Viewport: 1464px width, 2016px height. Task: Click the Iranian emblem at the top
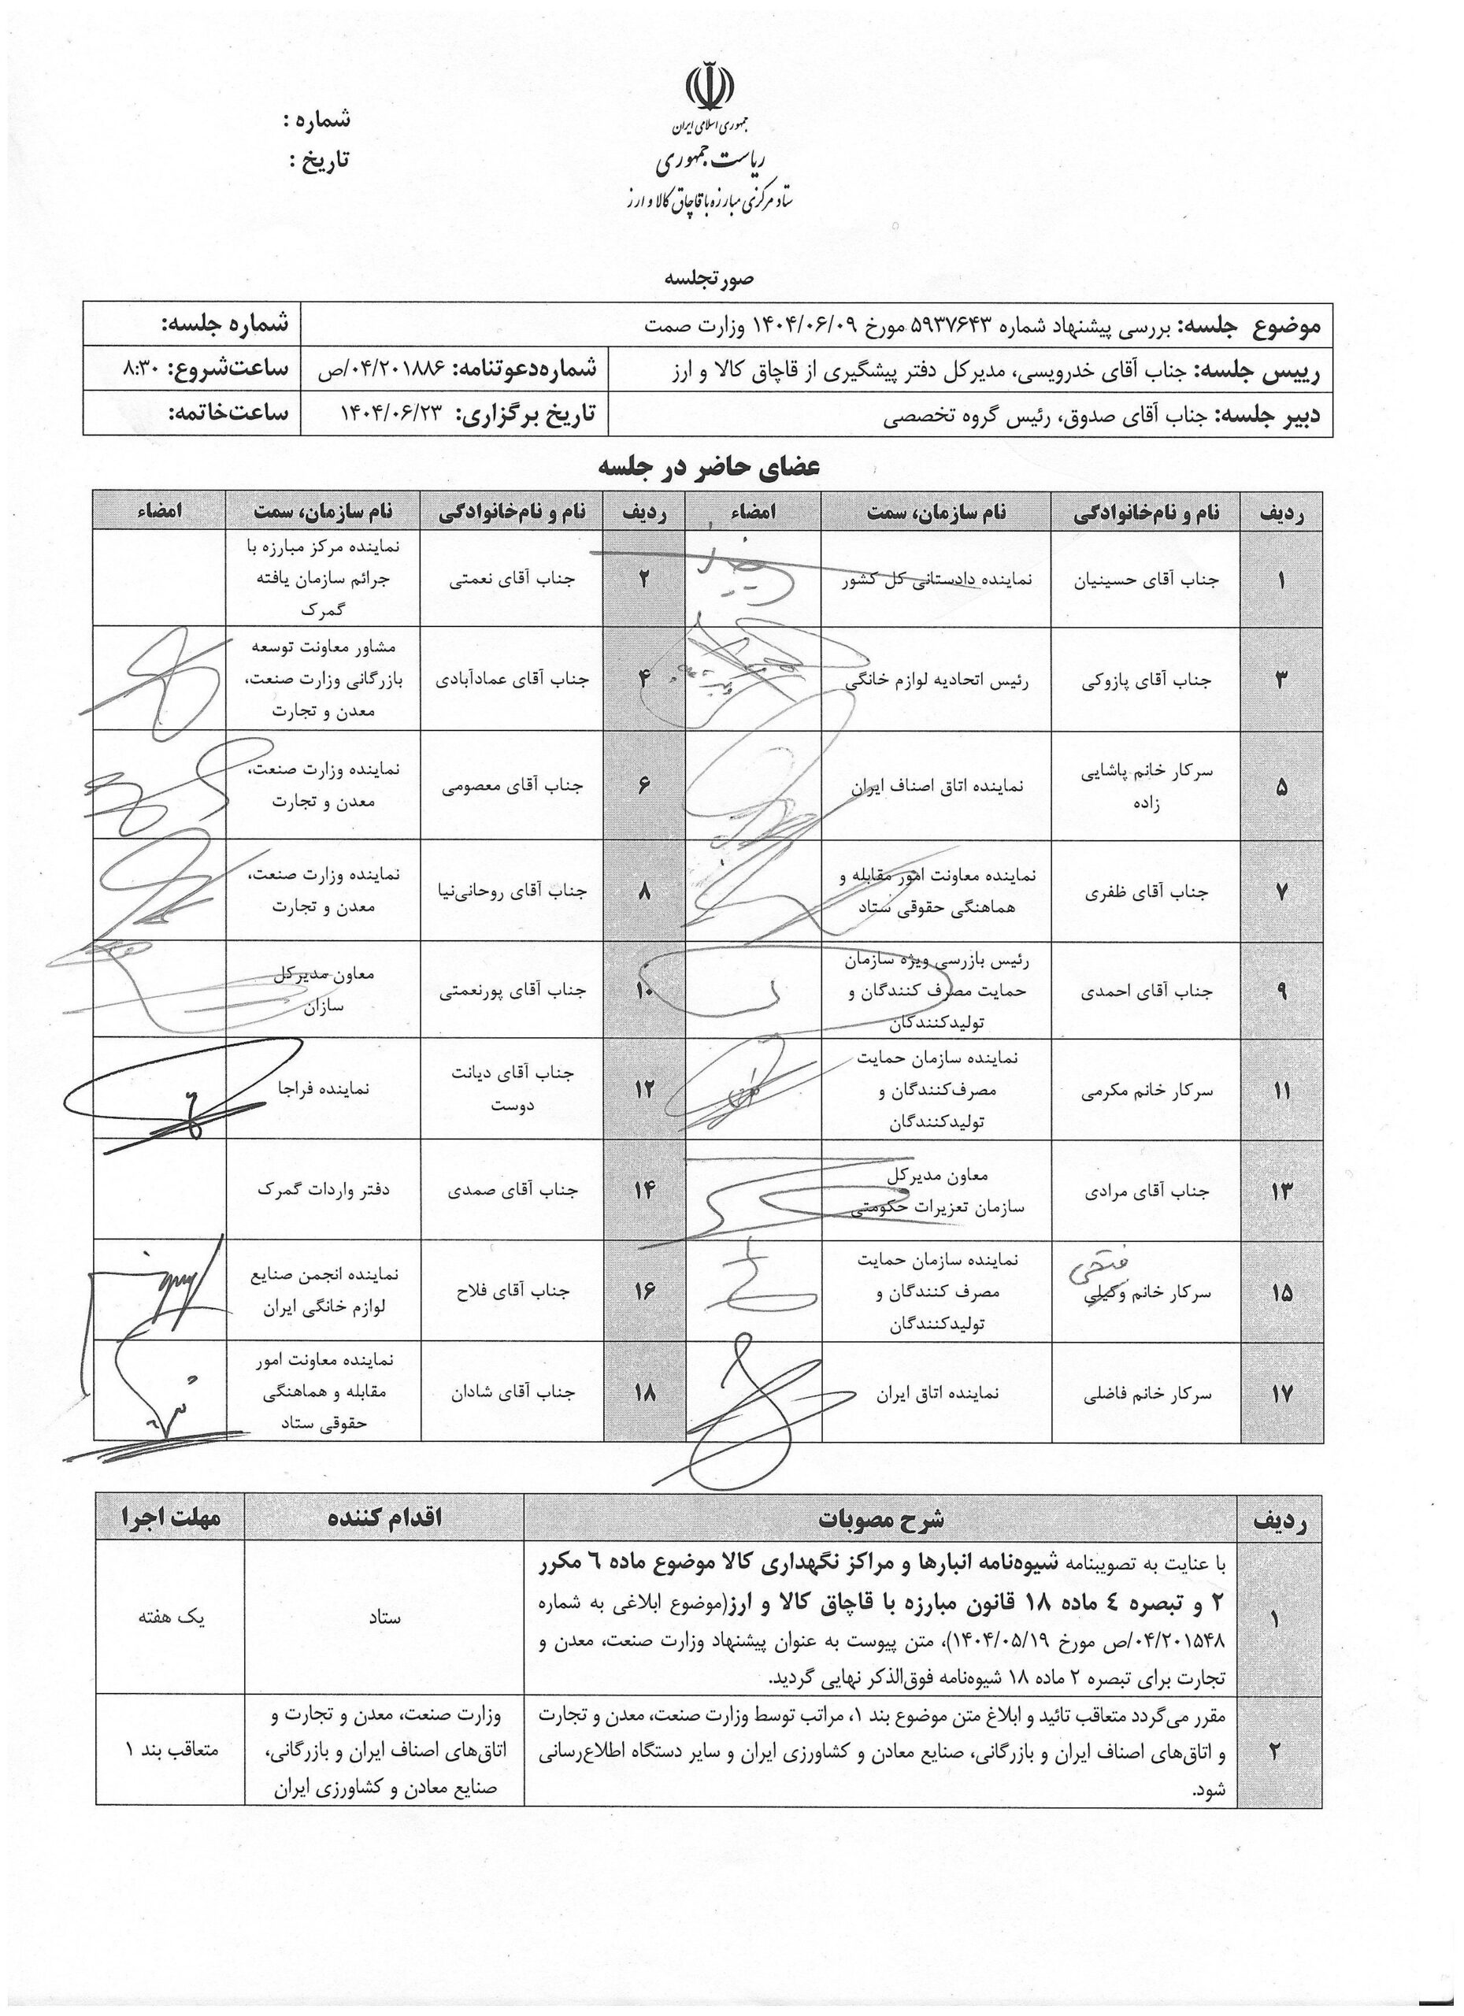pos(711,84)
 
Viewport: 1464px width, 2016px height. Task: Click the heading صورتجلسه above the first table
pos(710,278)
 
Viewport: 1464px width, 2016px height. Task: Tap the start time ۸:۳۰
pos(144,369)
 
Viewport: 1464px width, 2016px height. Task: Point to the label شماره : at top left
pos(316,118)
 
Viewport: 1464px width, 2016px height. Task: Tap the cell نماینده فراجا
pos(323,1088)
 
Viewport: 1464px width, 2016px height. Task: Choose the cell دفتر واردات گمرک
pos(323,1188)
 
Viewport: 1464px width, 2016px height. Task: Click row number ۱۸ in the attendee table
pos(644,1395)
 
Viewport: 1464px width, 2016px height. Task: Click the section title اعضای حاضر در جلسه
pos(709,469)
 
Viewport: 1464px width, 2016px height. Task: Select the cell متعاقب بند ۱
pos(171,1751)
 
